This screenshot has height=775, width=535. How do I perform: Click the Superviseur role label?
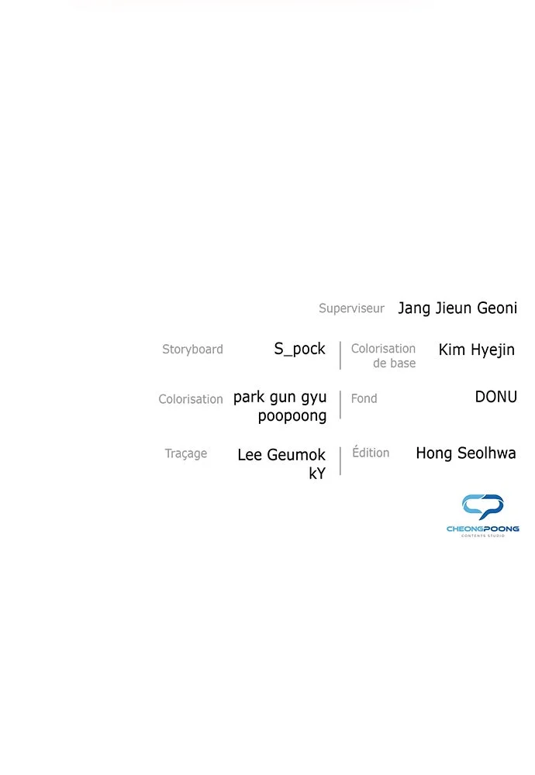coord(351,308)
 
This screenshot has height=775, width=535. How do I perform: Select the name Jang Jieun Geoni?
coord(457,308)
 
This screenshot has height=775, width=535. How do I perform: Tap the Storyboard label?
coord(193,350)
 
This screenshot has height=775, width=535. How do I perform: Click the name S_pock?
coord(299,349)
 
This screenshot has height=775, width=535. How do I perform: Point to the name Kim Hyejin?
coord(477,350)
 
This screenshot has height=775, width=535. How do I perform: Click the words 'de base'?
coord(394,363)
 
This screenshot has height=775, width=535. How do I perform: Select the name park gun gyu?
coord(280,398)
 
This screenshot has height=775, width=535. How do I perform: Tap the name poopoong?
coord(292,416)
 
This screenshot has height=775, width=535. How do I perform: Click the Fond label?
coord(364,398)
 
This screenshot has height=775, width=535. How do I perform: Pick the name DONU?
coord(496,396)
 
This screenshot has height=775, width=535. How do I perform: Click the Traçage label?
coord(186,453)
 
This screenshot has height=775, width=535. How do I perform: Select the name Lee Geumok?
coord(281,455)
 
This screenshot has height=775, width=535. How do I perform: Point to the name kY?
coord(317,474)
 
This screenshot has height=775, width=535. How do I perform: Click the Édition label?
coord(371,453)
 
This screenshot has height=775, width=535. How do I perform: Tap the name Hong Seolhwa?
coord(466,453)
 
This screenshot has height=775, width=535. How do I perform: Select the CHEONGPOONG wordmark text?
coord(482,529)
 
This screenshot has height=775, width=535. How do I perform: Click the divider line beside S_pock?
coord(340,356)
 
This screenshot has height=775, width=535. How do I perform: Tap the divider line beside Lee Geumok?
coord(340,461)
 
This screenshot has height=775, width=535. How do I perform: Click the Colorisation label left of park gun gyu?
coord(191,399)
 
